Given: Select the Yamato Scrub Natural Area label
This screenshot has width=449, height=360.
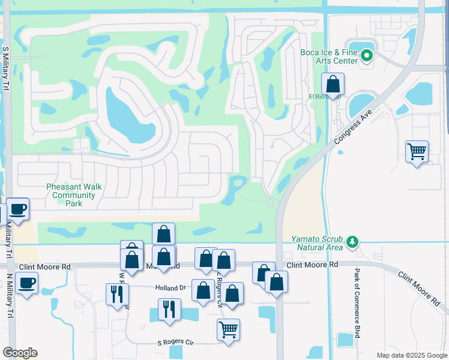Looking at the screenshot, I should click(317, 242).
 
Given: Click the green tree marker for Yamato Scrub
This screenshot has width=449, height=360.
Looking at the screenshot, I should click(353, 242).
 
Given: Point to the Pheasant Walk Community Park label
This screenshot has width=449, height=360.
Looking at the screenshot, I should click(74, 195).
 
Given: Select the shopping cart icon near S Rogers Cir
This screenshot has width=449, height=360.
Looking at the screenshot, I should click(228, 329).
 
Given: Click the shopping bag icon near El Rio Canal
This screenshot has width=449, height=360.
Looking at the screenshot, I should click(332, 84).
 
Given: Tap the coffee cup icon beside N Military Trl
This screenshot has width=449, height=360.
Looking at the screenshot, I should click(27, 283).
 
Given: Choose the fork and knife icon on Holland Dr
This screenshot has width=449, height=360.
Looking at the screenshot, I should click(116, 293).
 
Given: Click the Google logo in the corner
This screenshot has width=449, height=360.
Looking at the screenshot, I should click(20, 353).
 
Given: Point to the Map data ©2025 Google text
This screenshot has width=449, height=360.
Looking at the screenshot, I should click(411, 355).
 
